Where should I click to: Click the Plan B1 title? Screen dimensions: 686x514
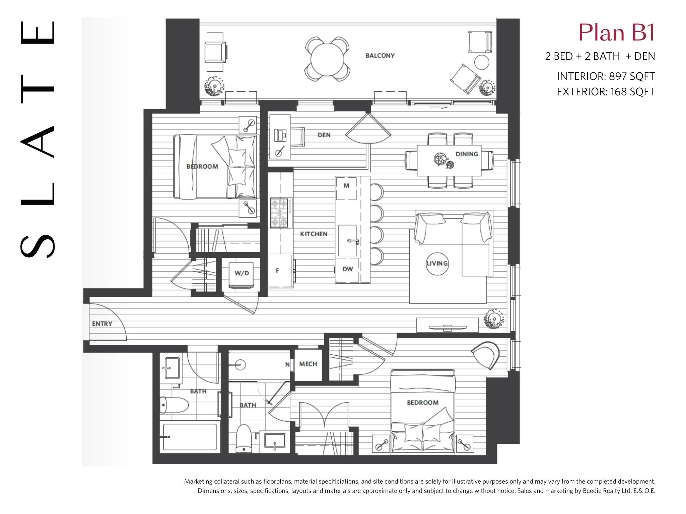coord(616,33)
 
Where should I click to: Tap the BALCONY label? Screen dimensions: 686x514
coord(380,56)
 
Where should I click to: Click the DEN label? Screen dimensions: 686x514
coord(324,135)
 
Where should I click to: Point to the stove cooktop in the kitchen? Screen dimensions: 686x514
coord(281,213)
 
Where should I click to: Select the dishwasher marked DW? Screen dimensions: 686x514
coord(347,269)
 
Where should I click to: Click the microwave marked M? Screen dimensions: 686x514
coord(346,188)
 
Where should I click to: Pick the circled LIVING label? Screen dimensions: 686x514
coord(437,263)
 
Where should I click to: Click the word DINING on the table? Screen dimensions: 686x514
coord(467,154)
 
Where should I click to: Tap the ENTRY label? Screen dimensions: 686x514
coord(102,324)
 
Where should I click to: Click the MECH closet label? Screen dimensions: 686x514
coord(308,364)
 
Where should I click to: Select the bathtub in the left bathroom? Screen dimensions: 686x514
coord(190,437)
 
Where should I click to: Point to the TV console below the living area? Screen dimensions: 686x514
coord(448,325)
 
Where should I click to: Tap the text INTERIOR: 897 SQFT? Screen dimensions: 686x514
coord(606,76)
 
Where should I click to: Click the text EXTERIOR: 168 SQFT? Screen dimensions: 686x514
coord(606,92)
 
